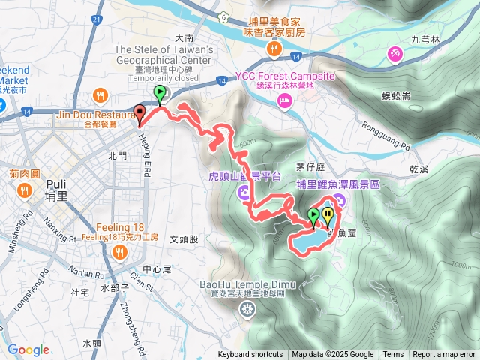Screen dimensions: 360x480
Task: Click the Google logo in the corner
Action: pos(28,349)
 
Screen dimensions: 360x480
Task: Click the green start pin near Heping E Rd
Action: pos(160,94)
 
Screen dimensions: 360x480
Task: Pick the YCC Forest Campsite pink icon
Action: pos(285,104)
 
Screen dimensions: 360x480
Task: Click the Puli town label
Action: pos(56,190)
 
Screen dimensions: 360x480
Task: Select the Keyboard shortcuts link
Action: pos(250,355)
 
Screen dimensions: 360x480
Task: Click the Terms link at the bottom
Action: pos(393,355)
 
